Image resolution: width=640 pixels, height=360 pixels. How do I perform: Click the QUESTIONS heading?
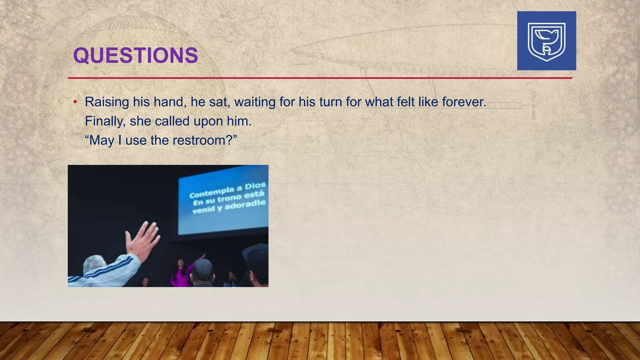coord(135,55)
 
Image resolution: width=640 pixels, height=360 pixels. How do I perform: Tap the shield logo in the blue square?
coord(546,41)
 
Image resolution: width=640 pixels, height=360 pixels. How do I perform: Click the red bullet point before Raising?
coord(75,102)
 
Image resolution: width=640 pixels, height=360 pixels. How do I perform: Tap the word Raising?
coord(107,102)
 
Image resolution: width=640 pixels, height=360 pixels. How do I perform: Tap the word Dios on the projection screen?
coord(255,186)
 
